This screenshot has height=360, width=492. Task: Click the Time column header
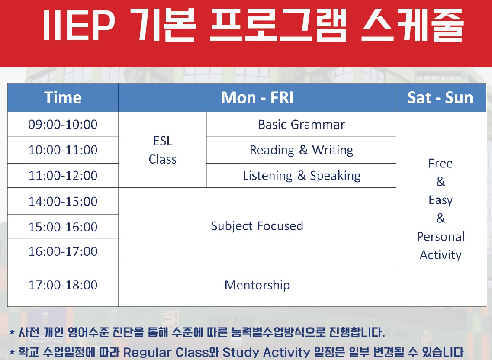click(x=63, y=98)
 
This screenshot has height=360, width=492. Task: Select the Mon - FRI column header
click(x=257, y=98)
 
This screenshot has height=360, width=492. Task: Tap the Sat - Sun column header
click(x=440, y=98)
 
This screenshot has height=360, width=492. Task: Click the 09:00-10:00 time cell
click(x=63, y=124)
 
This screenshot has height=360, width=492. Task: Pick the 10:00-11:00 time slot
click(x=63, y=150)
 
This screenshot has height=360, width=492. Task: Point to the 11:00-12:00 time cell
click(x=63, y=175)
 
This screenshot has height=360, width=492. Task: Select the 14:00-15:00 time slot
click(x=63, y=201)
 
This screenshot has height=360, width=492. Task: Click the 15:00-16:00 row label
click(x=63, y=227)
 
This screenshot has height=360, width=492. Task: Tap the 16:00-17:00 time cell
click(x=63, y=251)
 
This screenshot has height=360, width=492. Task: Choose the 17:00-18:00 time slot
click(x=63, y=285)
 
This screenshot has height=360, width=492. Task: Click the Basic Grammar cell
click(x=301, y=124)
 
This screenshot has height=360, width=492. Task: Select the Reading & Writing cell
click(x=301, y=150)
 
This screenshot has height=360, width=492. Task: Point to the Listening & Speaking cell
click(x=301, y=176)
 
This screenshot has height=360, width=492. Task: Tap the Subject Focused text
click(x=257, y=226)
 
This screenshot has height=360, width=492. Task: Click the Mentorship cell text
click(x=257, y=285)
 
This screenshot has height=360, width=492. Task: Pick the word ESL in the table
click(x=163, y=141)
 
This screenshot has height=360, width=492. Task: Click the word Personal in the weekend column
click(x=441, y=237)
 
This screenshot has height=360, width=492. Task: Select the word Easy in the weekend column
click(x=441, y=200)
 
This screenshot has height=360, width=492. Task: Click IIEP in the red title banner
click(x=79, y=25)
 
